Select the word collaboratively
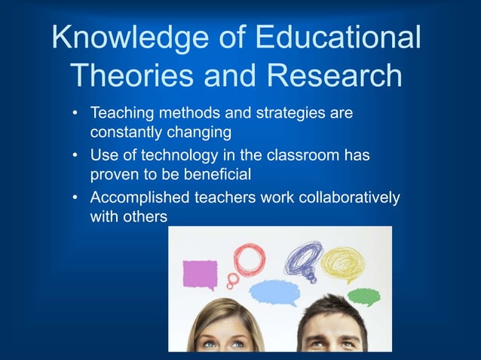[343, 198]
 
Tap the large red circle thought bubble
[249, 258]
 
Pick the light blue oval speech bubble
[274, 291]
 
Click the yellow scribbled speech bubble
[343, 264]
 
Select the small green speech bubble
[363, 295]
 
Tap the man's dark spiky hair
[332, 314]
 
